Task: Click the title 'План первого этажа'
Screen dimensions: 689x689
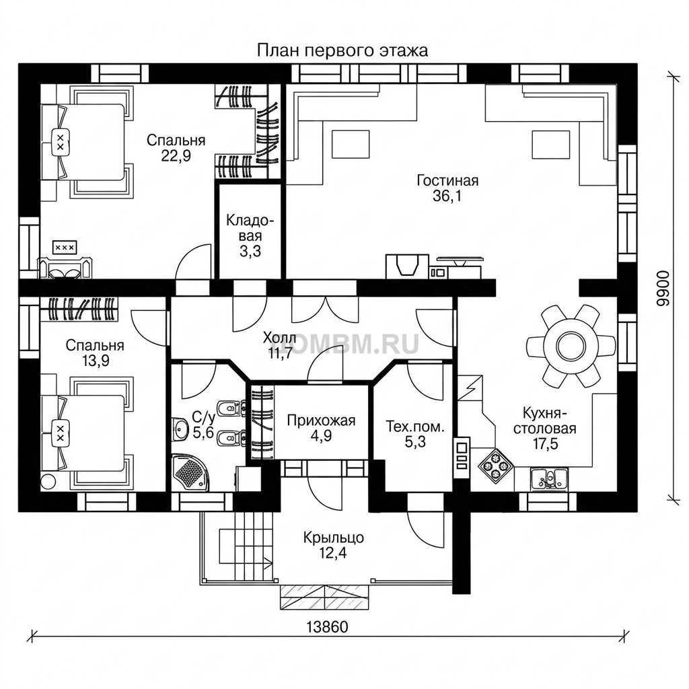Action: [x=342, y=50]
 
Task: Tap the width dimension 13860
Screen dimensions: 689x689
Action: [x=328, y=626]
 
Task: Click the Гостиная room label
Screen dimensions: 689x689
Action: [x=447, y=180]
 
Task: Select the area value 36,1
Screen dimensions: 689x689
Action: [x=447, y=196]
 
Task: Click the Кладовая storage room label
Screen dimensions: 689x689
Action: [x=250, y=228]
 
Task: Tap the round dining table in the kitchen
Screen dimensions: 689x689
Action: [x=571, y=347]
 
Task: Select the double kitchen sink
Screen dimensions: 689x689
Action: [x=549, y=478]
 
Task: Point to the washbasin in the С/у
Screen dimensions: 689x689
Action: [x=180, y=429]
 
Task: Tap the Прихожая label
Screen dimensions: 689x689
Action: [x=321, y=421]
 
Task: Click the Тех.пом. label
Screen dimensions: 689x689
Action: [x=415, y=426]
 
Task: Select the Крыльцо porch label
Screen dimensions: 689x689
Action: [x=334, y=538]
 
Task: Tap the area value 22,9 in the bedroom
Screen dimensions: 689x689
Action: [x=176, y=155]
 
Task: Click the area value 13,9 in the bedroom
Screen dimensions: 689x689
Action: [x=96, y=361]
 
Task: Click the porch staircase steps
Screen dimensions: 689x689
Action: [x=254, y=546]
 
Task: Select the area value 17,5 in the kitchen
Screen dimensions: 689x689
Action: [x=545, y=444]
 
